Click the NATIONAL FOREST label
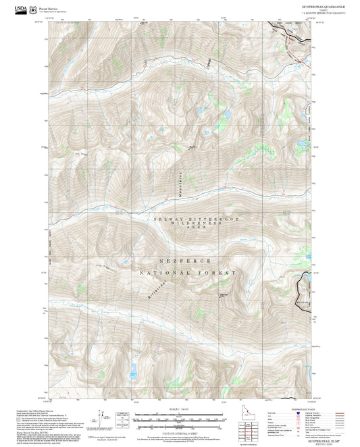188,273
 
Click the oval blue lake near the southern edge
132,369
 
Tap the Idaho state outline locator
247,411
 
